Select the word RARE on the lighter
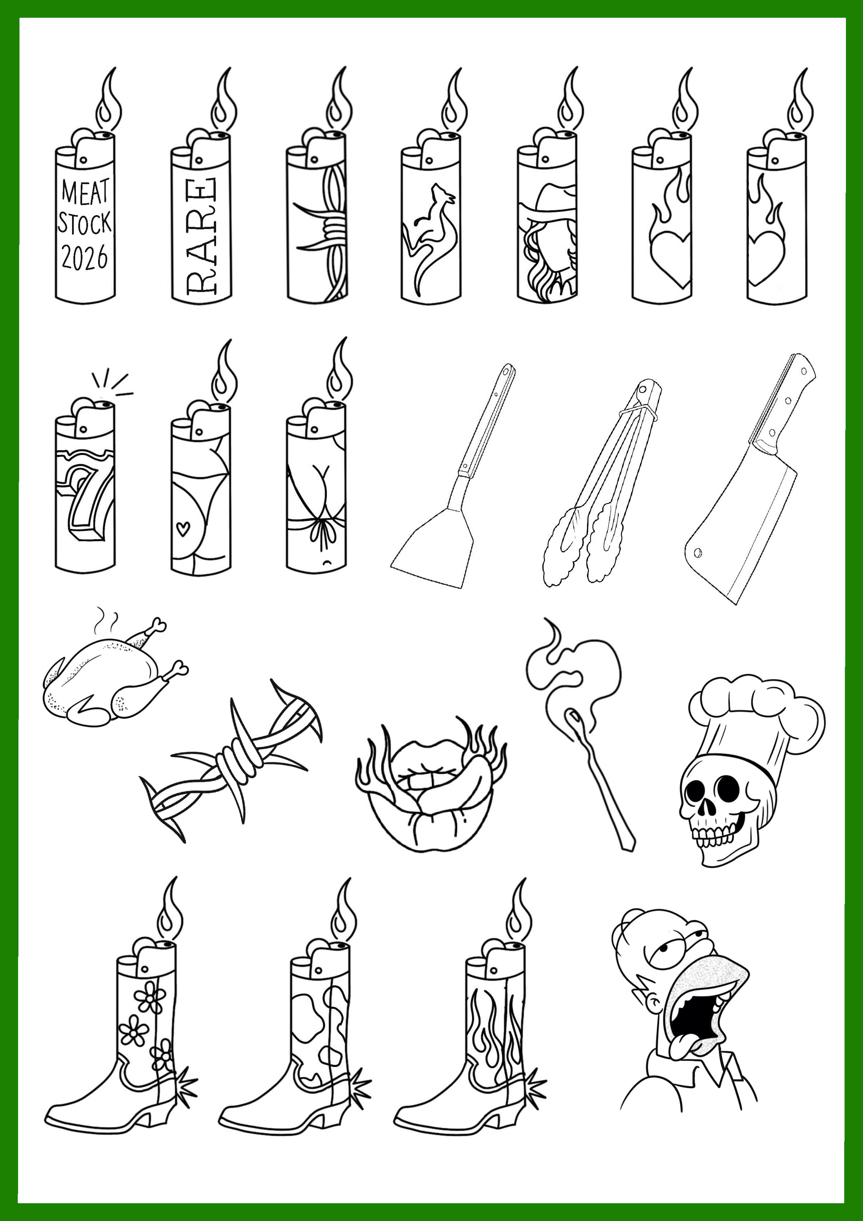tap(201, 236)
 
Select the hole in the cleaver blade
tap(698, 553)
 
